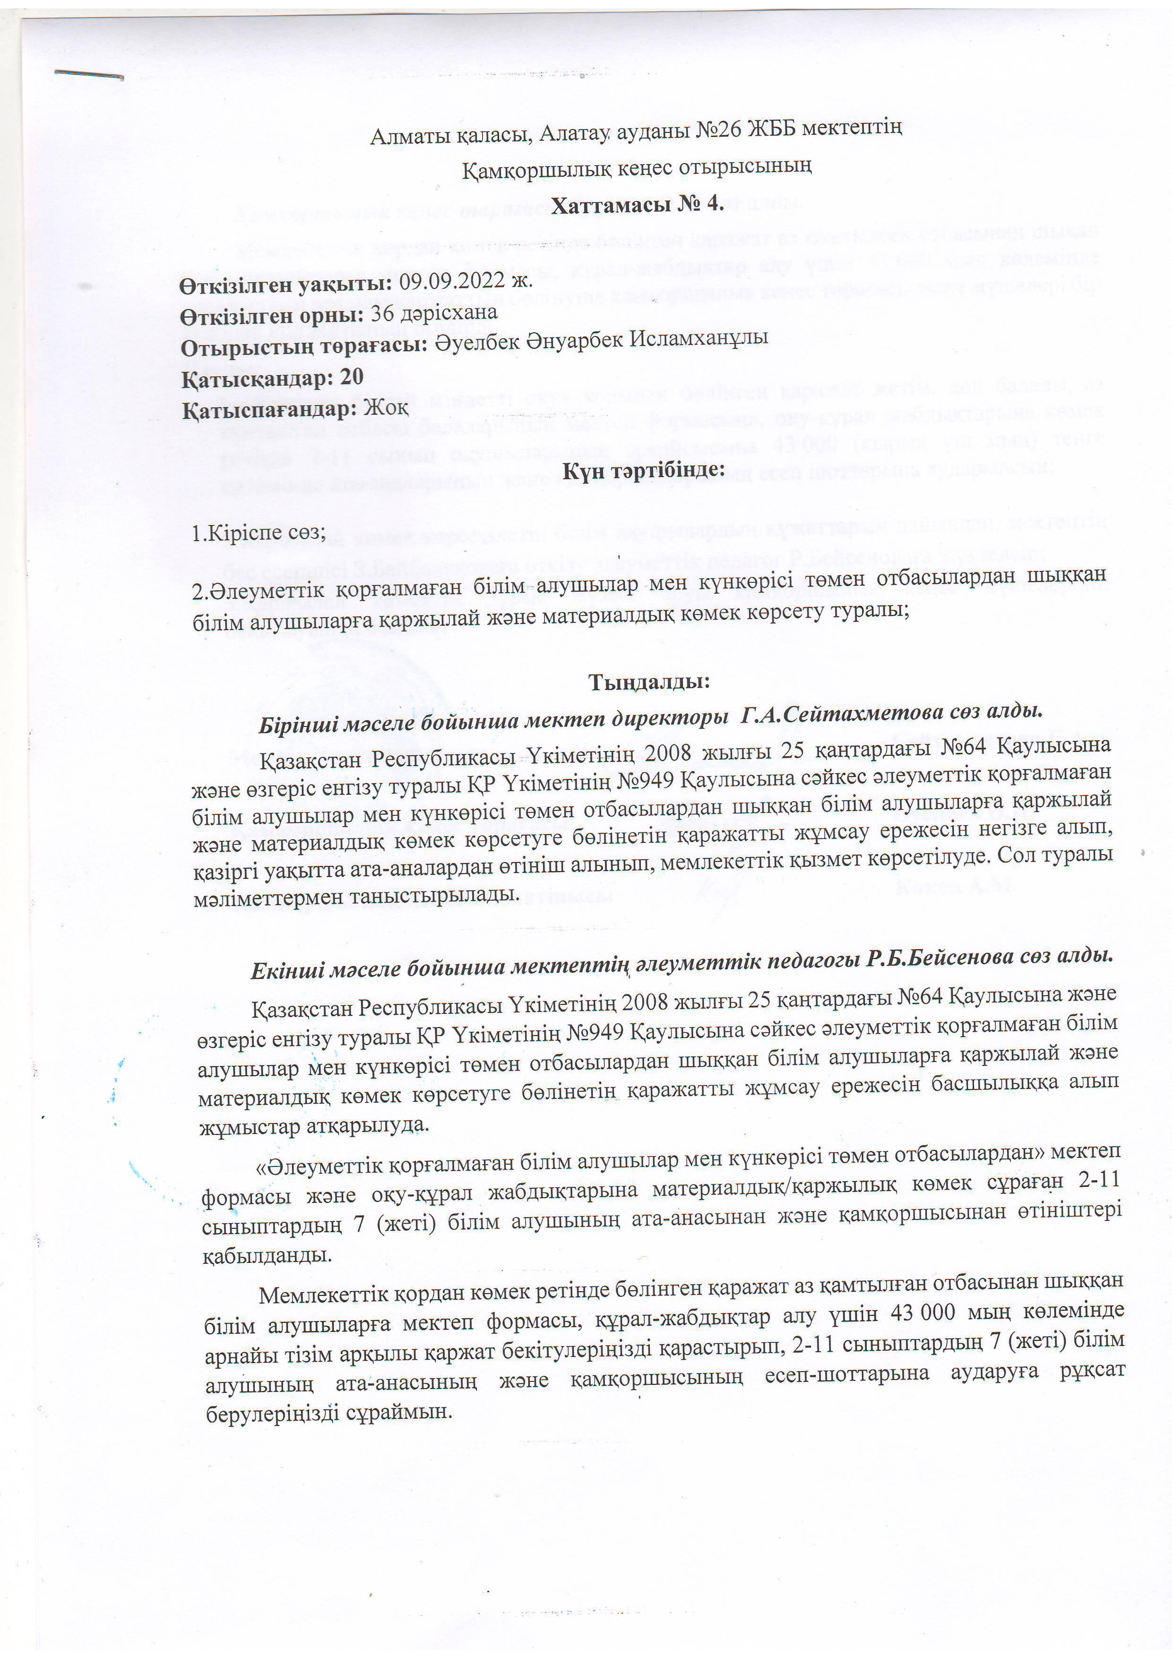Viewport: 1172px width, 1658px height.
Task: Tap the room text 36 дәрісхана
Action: click(434, 313)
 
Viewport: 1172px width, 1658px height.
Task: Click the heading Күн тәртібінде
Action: click(643, 470)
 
